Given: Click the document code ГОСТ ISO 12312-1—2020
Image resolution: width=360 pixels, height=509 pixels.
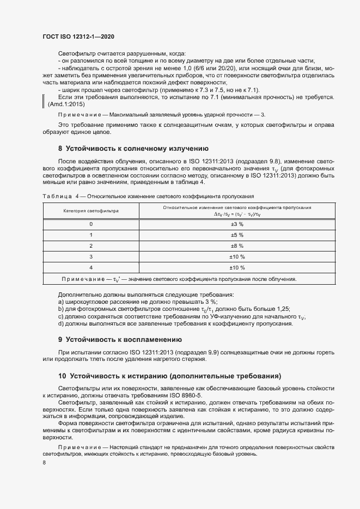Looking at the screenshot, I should [78, 36].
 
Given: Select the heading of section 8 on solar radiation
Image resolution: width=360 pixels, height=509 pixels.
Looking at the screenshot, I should [133, 148].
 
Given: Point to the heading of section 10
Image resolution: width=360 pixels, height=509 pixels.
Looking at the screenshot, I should [169, 376].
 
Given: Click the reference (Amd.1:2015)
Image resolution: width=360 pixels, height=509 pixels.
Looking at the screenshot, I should [63, 103].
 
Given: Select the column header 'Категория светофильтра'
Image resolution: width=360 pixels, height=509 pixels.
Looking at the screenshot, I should [91, 210].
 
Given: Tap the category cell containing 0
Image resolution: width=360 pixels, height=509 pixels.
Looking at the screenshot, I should [91, 224].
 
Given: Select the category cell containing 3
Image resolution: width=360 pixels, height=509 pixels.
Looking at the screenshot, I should [91, 256].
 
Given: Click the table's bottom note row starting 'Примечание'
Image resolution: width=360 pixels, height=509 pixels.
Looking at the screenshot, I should [180, 279].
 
